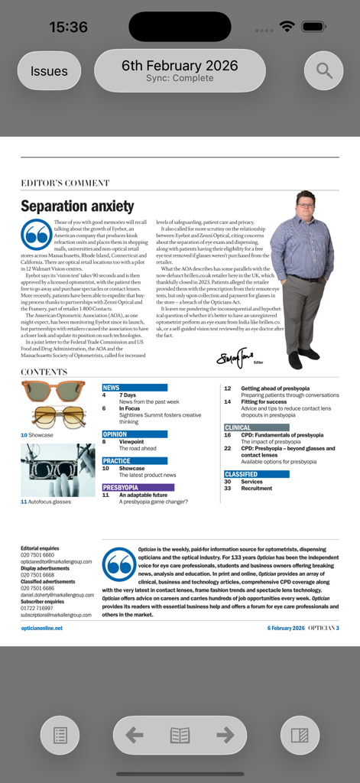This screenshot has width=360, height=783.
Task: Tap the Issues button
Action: click(x=49, y=71)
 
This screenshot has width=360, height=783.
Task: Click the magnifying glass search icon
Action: click(x=324, y=71)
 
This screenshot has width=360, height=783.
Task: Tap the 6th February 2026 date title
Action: click(x=180, y=66)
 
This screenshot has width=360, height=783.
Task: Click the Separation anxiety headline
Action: click(x=77, y=206)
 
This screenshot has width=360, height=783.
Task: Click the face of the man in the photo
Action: click(x=305, y=204)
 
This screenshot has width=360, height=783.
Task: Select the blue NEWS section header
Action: click(x=112, y=388)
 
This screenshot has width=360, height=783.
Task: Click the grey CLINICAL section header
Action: click(x=238, y=427)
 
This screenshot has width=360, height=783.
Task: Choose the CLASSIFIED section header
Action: click(x=241, y=474)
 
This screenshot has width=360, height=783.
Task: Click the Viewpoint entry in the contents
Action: click(x=131, y=442)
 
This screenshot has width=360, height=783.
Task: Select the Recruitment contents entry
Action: click(x=256, y=489)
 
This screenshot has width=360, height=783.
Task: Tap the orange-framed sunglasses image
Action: click(x=53, y=391)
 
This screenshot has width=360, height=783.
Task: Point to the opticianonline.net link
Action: click(x=42, y=628)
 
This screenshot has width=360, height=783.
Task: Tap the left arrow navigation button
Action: click(x=135, y=736)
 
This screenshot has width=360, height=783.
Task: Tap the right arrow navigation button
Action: click(x=225, y=736)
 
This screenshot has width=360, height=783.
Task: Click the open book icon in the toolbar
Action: click(x=180, y=736)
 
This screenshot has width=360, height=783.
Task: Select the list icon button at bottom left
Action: click(x=60, y=736)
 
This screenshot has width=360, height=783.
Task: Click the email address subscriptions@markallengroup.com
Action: click(x=56, y=615)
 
